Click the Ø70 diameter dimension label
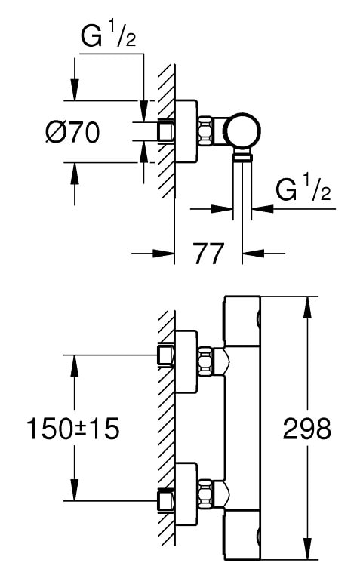72,132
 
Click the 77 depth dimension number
208,254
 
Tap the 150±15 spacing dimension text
73,429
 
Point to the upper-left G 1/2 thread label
109,36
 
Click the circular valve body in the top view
242,131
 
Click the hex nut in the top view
206,131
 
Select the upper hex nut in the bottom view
206,361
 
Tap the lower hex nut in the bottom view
206,494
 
